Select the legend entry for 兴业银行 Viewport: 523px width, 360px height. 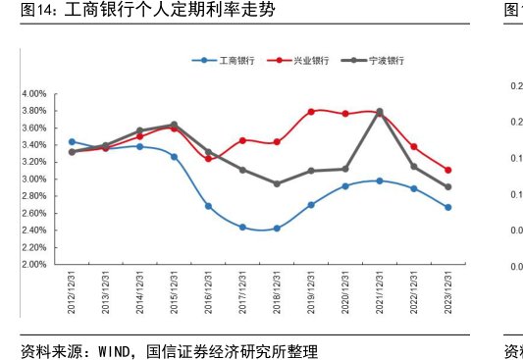(x=311, y=60)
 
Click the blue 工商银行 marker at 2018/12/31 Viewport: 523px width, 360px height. (x=277, y=229)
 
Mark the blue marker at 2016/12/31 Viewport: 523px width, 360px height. (x=208, y=206)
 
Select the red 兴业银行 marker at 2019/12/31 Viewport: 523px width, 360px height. (x=311, y=112)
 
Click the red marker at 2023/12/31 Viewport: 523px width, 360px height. (x=447, y=170)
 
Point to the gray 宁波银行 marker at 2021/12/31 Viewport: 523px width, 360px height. (x=380, y=112)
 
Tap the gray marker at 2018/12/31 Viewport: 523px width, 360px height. (x=277, y=183)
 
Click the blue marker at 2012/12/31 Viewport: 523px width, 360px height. (x=72, y=142)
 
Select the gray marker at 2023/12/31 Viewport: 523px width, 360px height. (x=447, y=187)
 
